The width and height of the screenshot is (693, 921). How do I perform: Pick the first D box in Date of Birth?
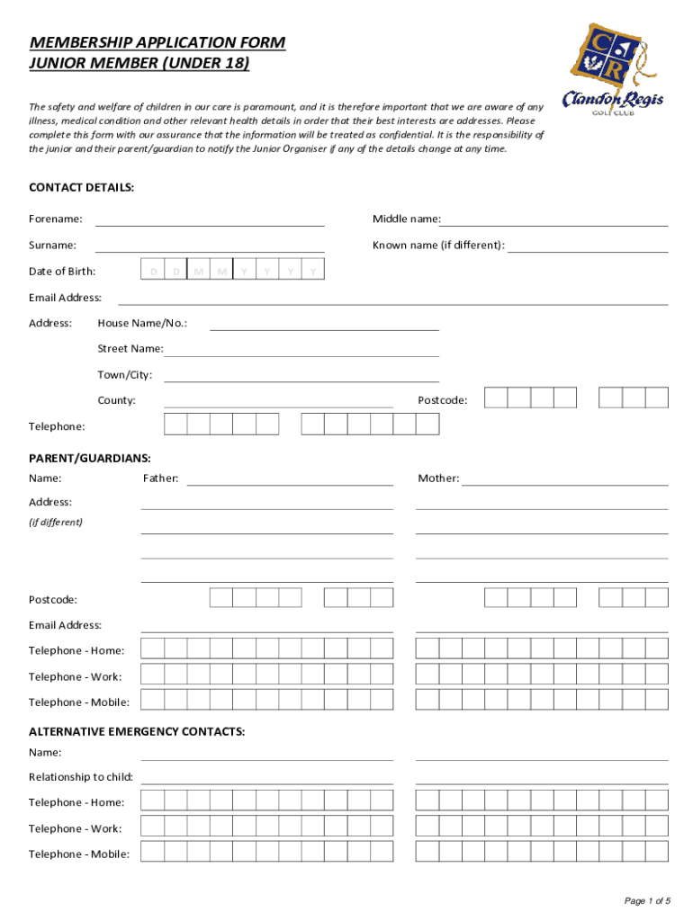point(154,271)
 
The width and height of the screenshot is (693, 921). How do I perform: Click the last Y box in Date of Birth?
point(312,271)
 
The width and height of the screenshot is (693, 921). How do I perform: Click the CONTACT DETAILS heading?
point(82,187)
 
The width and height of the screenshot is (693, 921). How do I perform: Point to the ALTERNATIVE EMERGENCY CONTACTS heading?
point(137,732)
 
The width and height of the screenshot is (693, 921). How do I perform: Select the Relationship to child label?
point(81,777)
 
